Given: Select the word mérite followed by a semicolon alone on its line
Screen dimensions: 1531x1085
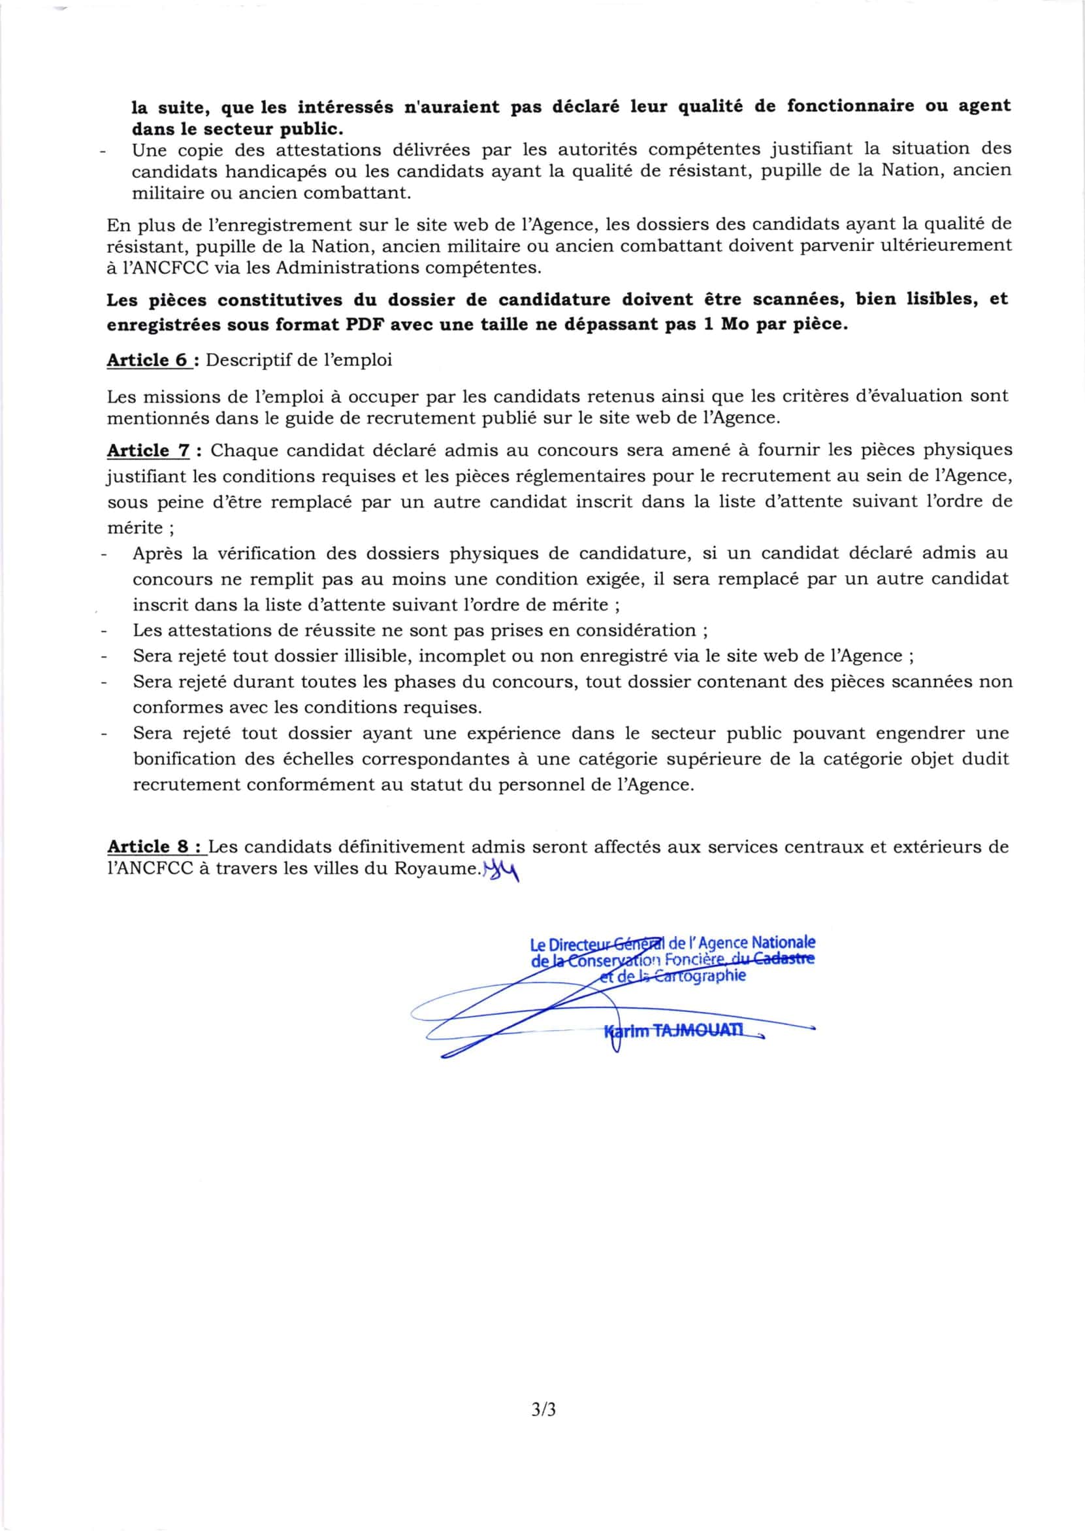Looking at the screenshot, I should tap(134, 528).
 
